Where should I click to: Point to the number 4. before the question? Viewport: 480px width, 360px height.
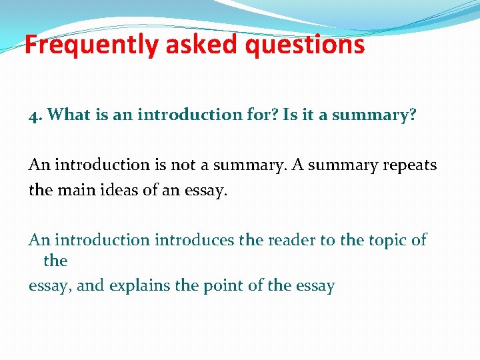point(35,115)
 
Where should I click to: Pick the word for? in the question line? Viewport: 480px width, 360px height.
point(261,115)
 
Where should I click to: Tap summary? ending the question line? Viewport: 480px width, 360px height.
point(374,115)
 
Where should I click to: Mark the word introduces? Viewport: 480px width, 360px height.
point(195,240)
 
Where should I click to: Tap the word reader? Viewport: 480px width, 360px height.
point(293,240)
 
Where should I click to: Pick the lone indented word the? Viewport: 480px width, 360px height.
point(55,261)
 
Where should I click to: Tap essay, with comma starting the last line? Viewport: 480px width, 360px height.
point(51,287)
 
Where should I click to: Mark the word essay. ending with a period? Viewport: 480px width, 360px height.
point(204,190)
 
